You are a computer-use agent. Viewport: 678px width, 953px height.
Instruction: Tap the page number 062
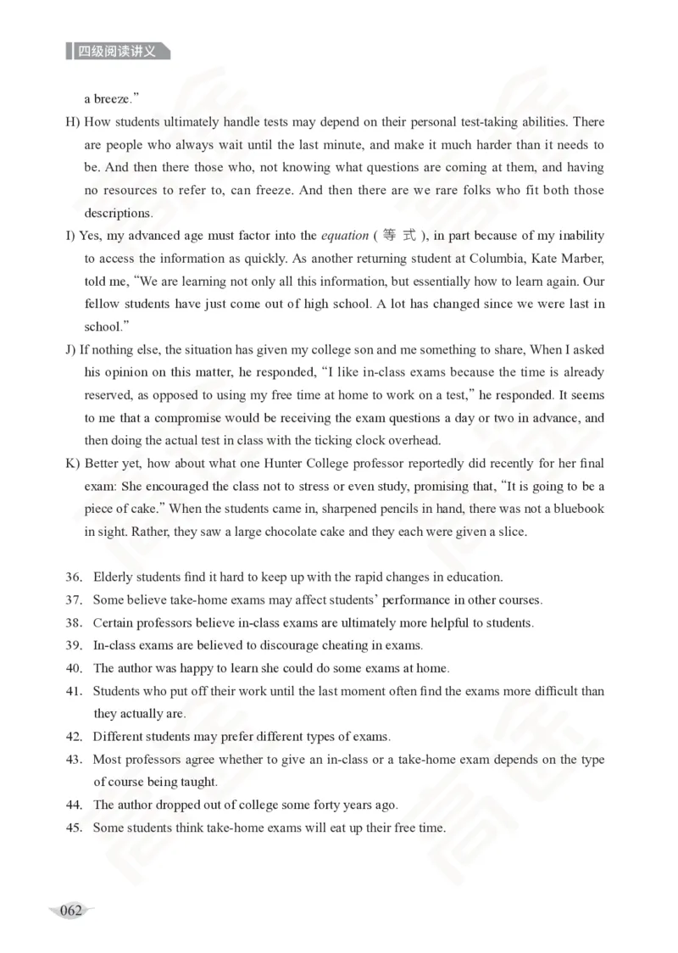click(x=71, y=911)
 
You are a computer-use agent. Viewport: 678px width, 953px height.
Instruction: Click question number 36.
click(x=74, y=577)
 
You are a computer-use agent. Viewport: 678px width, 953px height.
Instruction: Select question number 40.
click(x=74, y=668)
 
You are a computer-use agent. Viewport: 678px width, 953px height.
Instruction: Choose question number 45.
click(x=74, y=828)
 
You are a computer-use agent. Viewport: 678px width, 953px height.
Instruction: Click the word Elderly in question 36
click(x=114, y=577)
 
